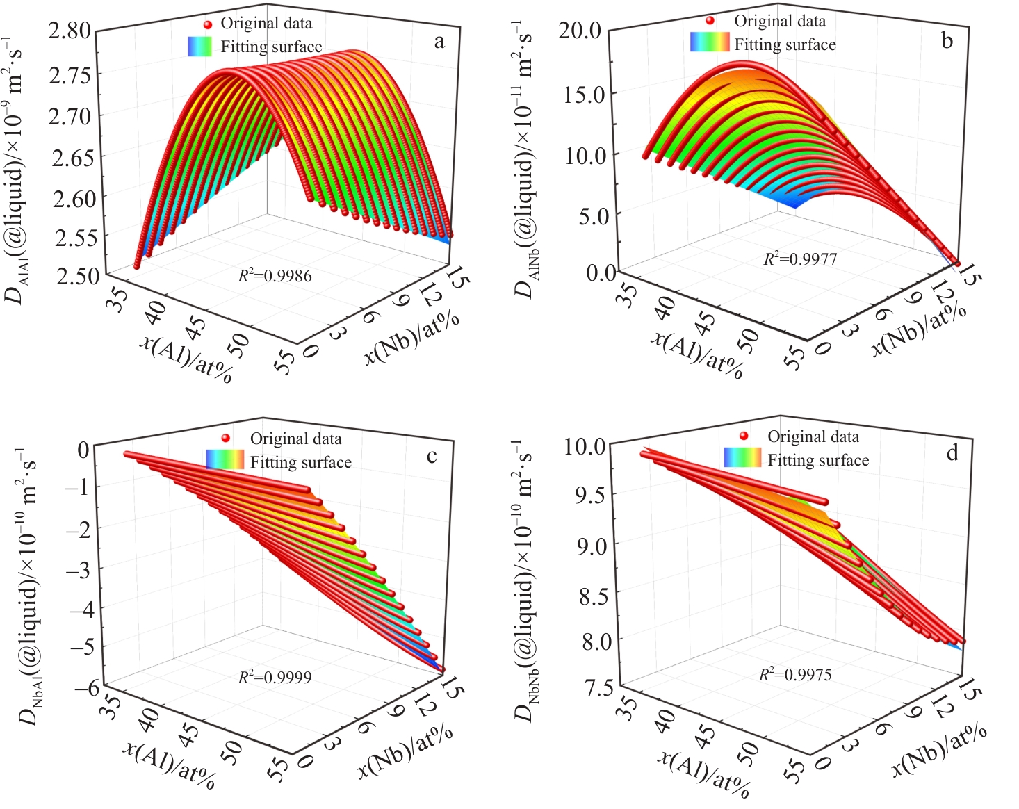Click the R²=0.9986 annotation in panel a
tap(275, 276)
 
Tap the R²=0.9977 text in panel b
tap(800, 259)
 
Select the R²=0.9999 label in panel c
tap(275, 676)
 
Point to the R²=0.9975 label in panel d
tap(794, 674)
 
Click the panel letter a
tap(439, 42)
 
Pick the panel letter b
tap(947, 40)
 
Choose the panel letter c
tap(432, 456)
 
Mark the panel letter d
tap(952, 453)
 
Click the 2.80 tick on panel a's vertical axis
tap(70, 31)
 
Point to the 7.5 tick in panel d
tap(598, 689)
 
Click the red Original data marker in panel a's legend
tap(207, 24)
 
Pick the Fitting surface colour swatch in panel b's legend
tap(710, 43)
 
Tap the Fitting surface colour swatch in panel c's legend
tap(225, 459)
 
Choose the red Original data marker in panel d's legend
tap(744, 436)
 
